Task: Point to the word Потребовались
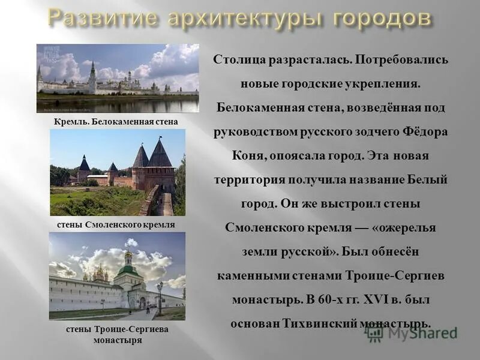[401, 61]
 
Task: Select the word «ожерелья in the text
[404, 228]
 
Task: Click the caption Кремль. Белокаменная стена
[116, 122]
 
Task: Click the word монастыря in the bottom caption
[117, 340]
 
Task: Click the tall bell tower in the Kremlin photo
[92, 76]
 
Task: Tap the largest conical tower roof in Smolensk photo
[160, 154]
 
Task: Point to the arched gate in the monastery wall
[142, 302]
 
